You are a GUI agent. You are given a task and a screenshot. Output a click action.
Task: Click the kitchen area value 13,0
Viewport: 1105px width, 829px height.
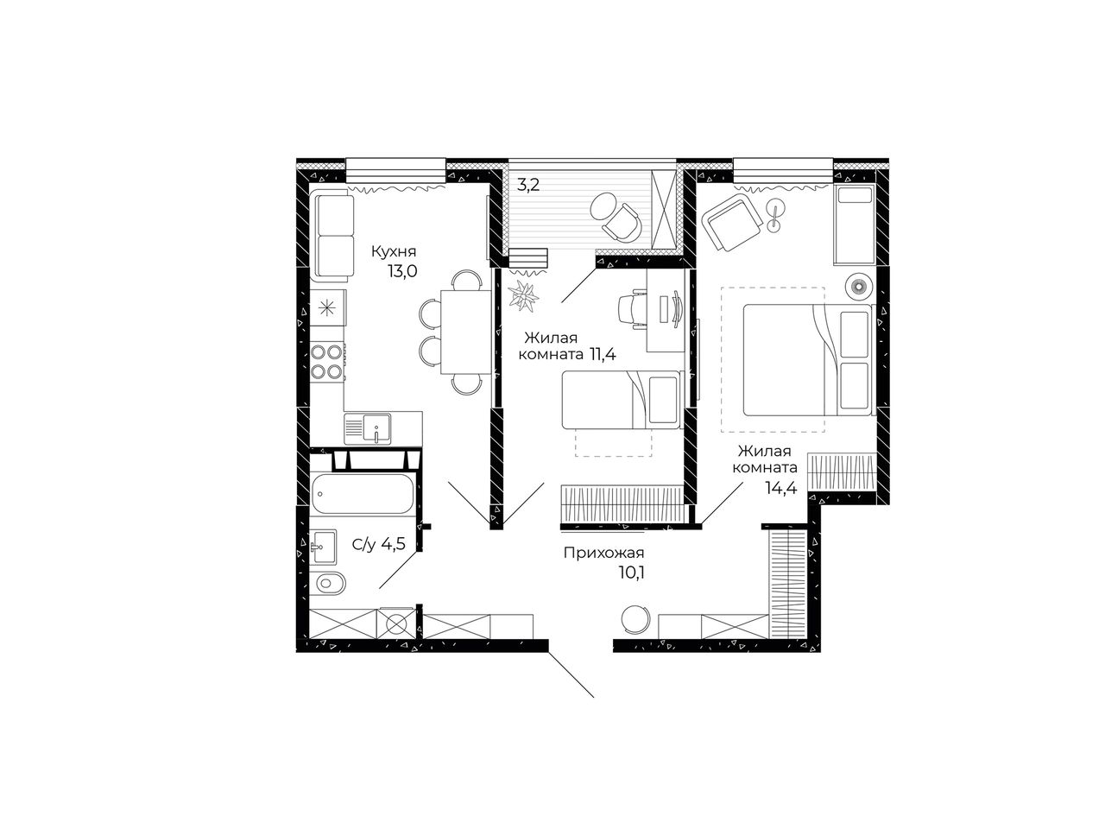(x=402, y=272)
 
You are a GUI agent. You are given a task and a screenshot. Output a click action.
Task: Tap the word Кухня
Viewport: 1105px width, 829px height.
(x=394, y=251)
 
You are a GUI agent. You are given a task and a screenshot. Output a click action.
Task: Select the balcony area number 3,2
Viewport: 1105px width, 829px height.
(x=528, y=185)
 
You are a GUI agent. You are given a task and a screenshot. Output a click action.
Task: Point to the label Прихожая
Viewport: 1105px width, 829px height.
(x=603, y=553)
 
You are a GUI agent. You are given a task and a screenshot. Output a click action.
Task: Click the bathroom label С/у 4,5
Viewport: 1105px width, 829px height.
(x=379, y=544)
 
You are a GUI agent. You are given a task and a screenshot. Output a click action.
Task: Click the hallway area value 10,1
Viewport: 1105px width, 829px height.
(x=632, y=573)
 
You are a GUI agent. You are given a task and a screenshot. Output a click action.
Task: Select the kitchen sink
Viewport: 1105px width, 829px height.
(x=368, y=429)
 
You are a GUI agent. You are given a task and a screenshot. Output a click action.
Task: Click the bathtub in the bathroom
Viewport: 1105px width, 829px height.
(x=363, y=494)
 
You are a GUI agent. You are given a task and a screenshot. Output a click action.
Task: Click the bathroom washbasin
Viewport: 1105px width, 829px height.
(x=324, y=547)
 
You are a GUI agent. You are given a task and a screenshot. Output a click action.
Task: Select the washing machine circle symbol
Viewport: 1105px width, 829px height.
(x=396, y=624)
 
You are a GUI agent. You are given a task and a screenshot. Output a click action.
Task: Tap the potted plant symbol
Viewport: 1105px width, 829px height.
(x=523, y=296)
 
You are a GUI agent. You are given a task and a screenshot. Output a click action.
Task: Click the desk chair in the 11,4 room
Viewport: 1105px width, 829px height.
(x=631, y=309)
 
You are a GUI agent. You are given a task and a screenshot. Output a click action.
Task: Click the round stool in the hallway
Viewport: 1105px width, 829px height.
(x=635, y=620)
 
